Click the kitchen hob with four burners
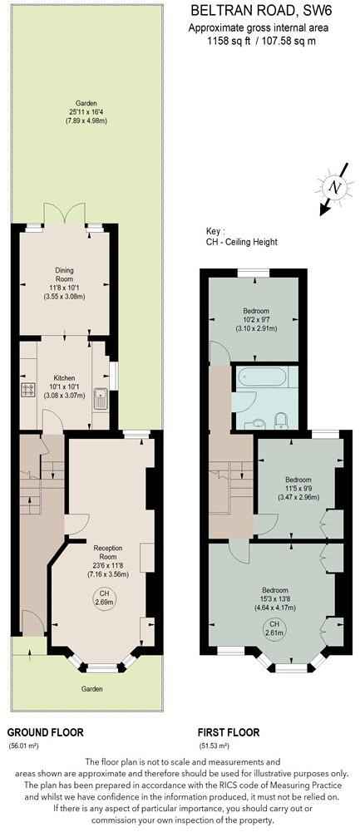point(27,390)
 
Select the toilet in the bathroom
point(282,417)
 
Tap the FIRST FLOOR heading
point(228,733)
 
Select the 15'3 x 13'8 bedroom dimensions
point(273,598)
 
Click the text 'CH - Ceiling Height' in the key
point(242,242)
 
